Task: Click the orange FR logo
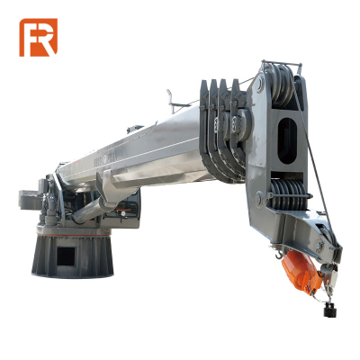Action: pos(39,38)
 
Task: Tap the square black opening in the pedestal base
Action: pos(66,256)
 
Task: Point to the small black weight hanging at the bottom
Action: pos(328,310)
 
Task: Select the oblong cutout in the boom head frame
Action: pos(287,140)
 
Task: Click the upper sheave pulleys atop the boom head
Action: pos(282,85)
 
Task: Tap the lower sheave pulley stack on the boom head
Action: pos(289,195)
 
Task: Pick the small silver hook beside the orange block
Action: pos(279,255)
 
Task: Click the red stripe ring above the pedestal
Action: pos(74,234)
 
